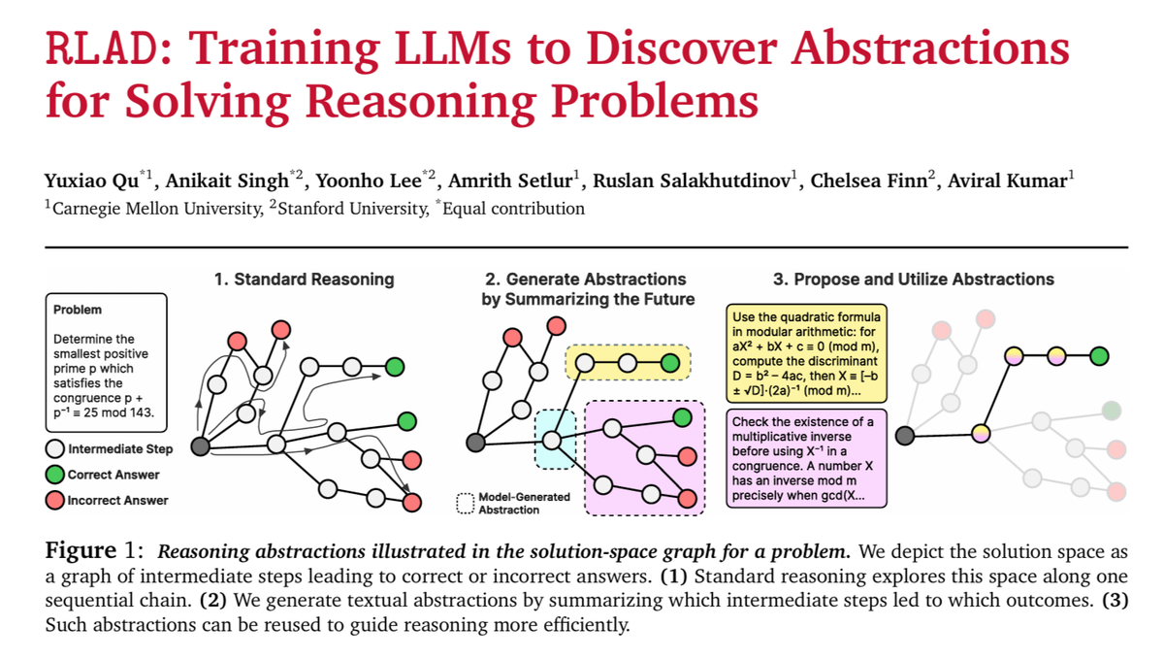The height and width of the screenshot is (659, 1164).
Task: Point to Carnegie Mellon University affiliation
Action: coord(155,207)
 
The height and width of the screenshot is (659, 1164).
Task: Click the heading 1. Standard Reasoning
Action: coord(304,280)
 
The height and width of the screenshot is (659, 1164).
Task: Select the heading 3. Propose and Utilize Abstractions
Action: coord(913,280)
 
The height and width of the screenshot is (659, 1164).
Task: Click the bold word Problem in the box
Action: coord(78,310)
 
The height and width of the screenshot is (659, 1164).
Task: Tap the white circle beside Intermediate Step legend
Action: coord(55,449)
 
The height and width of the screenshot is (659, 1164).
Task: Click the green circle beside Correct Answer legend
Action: coord(55,475)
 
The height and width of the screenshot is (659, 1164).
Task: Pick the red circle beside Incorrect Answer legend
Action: coord(55,501)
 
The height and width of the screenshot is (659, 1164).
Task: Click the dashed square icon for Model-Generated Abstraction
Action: coord(465,503)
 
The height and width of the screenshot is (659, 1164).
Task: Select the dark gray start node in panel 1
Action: coord(201,446)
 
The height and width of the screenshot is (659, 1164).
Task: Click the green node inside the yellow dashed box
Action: coord(670,364)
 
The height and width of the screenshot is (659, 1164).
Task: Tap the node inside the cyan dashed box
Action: coord(553,440)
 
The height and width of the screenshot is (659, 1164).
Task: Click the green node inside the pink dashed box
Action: coord(683,417)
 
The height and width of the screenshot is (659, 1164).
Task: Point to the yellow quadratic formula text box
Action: coord(803,354)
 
